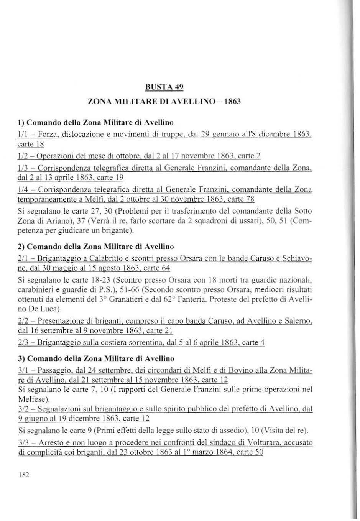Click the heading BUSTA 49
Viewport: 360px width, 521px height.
tap(164, 87)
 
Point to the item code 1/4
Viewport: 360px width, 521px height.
tap(23, 189)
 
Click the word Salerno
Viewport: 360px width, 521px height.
tap(299, 320)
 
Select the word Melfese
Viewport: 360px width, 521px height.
tap(32, 398)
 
